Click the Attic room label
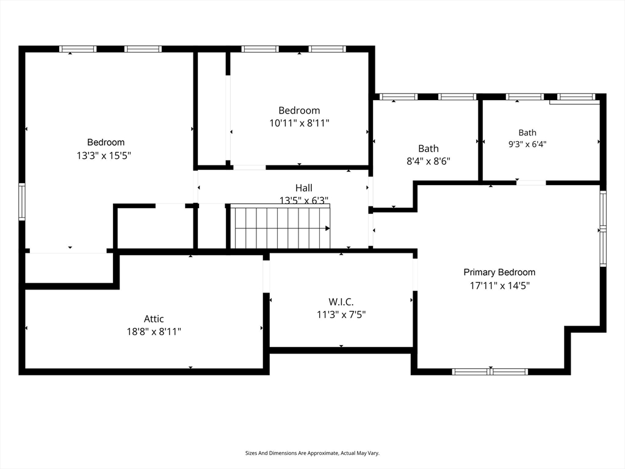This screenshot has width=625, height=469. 154,319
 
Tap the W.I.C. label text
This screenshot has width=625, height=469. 341,302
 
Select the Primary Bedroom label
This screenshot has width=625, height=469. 499,272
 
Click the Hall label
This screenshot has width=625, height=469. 304,187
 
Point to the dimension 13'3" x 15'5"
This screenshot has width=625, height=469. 104,155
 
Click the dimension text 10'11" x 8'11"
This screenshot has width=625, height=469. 299,123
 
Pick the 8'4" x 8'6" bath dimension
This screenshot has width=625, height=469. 428,161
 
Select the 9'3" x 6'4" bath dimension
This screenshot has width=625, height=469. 527,144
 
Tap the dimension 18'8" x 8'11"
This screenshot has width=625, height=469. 154,332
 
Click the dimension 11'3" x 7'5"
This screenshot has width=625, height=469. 341,314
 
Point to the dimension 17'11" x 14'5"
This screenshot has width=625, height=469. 500,286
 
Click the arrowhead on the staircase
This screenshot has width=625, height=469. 328,228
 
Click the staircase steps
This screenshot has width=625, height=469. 281,227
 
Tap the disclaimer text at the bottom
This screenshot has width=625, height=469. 312,453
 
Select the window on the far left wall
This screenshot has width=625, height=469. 22,202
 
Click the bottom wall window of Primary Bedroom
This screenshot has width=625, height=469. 490,372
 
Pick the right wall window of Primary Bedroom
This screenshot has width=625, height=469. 603,228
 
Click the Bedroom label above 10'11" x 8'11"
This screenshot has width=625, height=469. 299,110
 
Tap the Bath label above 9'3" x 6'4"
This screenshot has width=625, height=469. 527,133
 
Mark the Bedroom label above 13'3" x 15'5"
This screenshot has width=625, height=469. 106,142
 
